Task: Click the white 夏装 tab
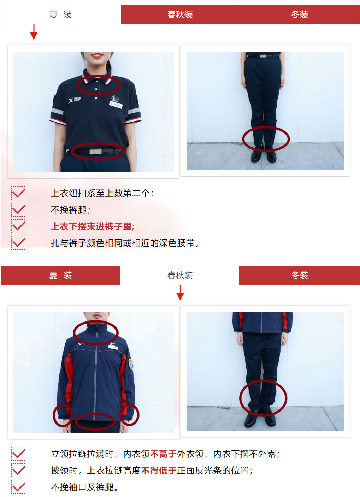(x=60, y=14)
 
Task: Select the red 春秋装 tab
(x=180, y=14)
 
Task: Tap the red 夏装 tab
(x=60, y=275)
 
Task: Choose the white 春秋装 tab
(x=180, y=275)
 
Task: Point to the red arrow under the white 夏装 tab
(x=34, y=32)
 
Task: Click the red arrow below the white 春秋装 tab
(x=180, y=292)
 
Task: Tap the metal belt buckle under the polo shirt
(x=96, y=151)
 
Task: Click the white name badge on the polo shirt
(x=116, y=105)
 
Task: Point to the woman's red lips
(x=97, y=55)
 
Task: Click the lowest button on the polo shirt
(x=96, y=98)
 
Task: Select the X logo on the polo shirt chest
(x=71, y=101)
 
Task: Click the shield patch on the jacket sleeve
(x=131, y=364)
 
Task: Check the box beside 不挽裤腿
(x=18, y=209)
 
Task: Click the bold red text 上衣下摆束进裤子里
(x=91, y=226)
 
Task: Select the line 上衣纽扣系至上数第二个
(x=102, y=193)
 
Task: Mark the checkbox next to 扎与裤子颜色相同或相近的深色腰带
(x=18, y=243)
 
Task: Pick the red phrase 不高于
(x=163, y=454)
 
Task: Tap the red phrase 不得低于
(x=159, y=471)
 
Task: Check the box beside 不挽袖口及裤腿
(x=18, y=487)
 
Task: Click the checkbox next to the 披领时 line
(x=18, y=470)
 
